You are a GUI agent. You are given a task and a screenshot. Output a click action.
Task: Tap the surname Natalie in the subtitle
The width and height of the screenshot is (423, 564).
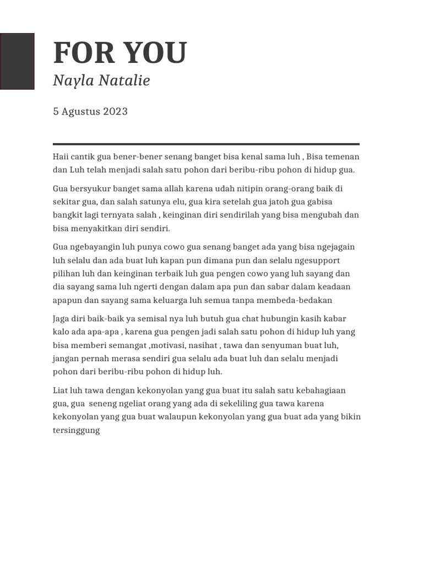[124, 81]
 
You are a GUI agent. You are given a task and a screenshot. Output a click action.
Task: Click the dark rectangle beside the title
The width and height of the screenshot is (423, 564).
[17, 61]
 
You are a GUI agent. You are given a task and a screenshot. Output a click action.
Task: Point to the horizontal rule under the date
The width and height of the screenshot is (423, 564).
[206, 144]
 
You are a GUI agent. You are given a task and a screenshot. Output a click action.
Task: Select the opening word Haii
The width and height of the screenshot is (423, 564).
[61, 156]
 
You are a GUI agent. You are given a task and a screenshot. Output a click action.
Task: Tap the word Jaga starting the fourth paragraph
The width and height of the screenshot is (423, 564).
[62, 319]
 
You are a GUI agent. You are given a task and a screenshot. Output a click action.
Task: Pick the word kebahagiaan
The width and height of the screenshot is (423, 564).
[319, 391]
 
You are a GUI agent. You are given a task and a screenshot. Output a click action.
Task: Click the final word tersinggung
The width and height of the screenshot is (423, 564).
[77, 430]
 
